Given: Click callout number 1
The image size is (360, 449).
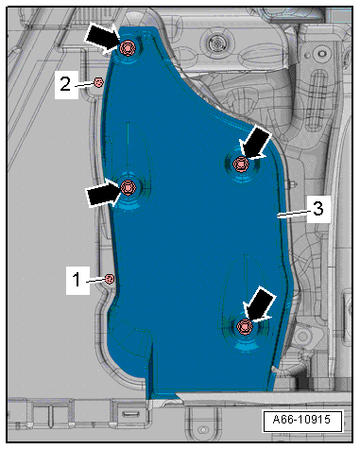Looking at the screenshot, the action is [x=77, y=280].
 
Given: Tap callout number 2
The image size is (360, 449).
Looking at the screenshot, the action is [x=65, y=84].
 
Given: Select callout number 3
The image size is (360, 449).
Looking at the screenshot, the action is [x=318, y=209].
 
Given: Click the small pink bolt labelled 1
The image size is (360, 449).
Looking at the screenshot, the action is [x=110, y=279].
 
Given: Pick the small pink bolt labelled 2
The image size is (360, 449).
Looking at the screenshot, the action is [x=98, y=83].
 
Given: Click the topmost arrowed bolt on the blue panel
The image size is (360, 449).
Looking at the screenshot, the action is [x=128, y=48].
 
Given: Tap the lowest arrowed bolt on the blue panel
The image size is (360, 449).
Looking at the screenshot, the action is [x=245, y=327].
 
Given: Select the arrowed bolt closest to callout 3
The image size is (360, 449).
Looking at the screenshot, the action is [x=241, y=164].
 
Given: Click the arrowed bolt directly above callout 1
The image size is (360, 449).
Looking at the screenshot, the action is [x=128, y=187].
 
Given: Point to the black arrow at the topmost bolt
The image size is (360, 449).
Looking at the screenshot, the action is [x=102, y=38].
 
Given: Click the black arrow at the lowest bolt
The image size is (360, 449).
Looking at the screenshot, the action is [x=259, y=305].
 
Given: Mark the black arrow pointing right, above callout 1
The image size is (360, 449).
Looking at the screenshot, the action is [x=103, y=193].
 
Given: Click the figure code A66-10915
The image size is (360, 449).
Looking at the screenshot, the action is [x=302, y=420].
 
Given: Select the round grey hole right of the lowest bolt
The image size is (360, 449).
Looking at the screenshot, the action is [x=302, y=336].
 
